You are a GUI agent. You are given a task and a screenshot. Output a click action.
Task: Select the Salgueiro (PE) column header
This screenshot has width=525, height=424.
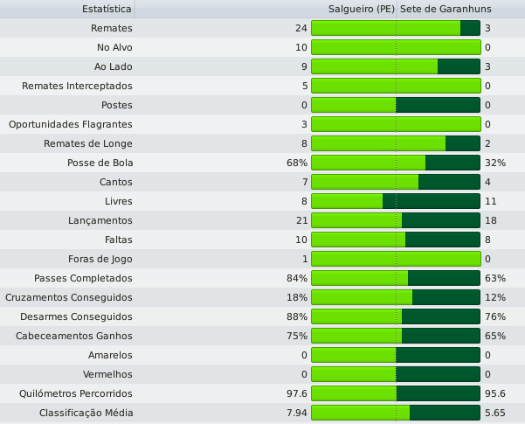click(x=362, y=9)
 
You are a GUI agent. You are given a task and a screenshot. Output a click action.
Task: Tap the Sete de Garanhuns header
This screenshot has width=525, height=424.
click(x=446, y=9)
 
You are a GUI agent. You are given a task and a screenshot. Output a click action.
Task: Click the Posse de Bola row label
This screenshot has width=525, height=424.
click(x=100, y=163)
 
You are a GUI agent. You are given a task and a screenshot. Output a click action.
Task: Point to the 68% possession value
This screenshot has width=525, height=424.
click(x=297, y=163)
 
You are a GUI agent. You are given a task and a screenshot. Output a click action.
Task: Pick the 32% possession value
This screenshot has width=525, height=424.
click(x=494, y=163)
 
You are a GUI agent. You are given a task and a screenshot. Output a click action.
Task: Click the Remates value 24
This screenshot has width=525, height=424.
click(x=301, y=28)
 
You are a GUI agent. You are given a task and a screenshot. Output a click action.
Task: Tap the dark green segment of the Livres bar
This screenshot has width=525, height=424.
click(x=432, y=201)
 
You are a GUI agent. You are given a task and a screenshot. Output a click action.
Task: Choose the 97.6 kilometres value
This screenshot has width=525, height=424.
click(x=295, y=393)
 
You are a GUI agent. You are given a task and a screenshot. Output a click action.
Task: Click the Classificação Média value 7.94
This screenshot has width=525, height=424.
click(x=295, y=413)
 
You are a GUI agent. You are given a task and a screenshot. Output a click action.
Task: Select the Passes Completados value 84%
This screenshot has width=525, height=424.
click(x=297, y=278)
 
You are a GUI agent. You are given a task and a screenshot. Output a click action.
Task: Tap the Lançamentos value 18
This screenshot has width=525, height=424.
click(x=490, y=220)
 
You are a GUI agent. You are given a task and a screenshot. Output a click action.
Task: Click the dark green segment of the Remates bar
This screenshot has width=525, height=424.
click(x=470, y=28)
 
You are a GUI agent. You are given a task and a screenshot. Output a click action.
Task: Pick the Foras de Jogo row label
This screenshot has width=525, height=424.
click(x=100, y=259)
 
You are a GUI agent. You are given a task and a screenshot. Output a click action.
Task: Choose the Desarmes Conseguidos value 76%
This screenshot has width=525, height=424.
click(x=494, y=316)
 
